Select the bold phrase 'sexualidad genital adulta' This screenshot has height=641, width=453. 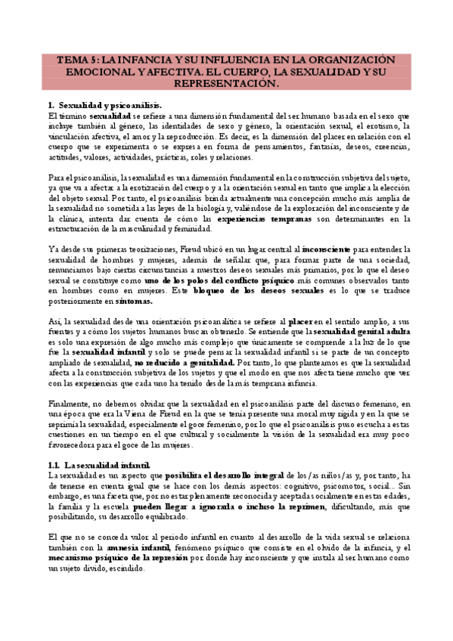point(362,331)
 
